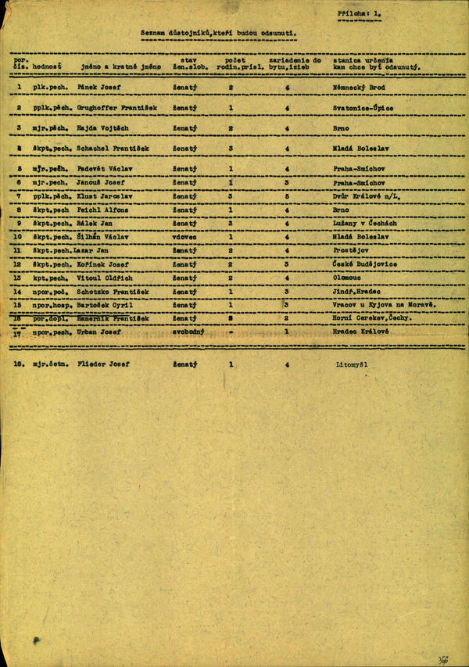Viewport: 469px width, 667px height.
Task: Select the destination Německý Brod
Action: coord(359,88)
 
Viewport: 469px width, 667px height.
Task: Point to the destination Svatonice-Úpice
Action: coord(363,108)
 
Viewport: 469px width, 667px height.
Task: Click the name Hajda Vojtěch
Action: coord(102,127)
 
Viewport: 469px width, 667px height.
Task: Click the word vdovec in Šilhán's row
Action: coord(185,236)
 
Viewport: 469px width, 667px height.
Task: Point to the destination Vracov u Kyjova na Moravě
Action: coord(381,304)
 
